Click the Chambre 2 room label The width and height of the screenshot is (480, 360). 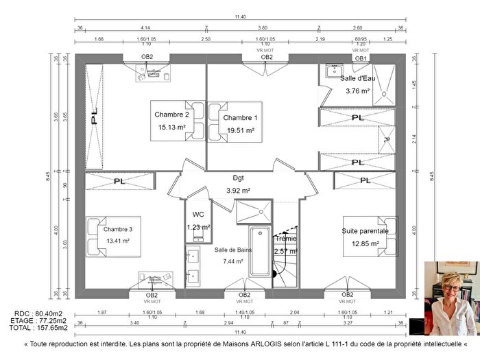tap(171, 115)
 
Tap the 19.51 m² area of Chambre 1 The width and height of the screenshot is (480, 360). tap(240, 130)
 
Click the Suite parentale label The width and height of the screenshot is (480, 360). tap(365, 231)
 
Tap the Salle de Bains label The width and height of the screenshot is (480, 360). tap(233, 250)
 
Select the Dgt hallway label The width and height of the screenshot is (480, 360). tap(238, 178)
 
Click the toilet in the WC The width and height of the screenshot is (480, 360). tap(197, 236)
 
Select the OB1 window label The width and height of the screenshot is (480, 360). tap(361, 58)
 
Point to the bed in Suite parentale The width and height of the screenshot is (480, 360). tap(374, 237)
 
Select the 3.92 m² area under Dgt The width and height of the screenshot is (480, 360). tap(238, 190)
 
